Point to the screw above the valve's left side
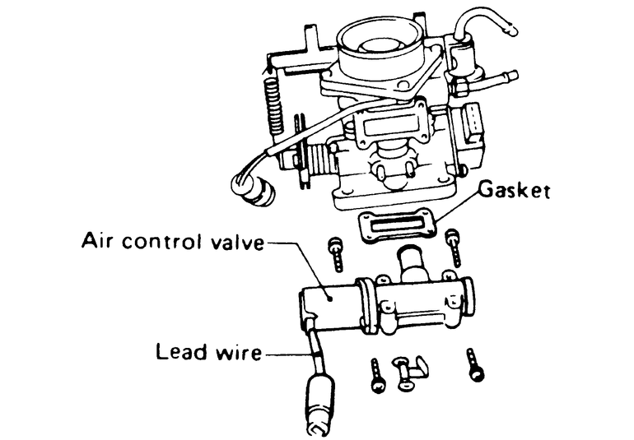334,256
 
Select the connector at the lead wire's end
318,403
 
